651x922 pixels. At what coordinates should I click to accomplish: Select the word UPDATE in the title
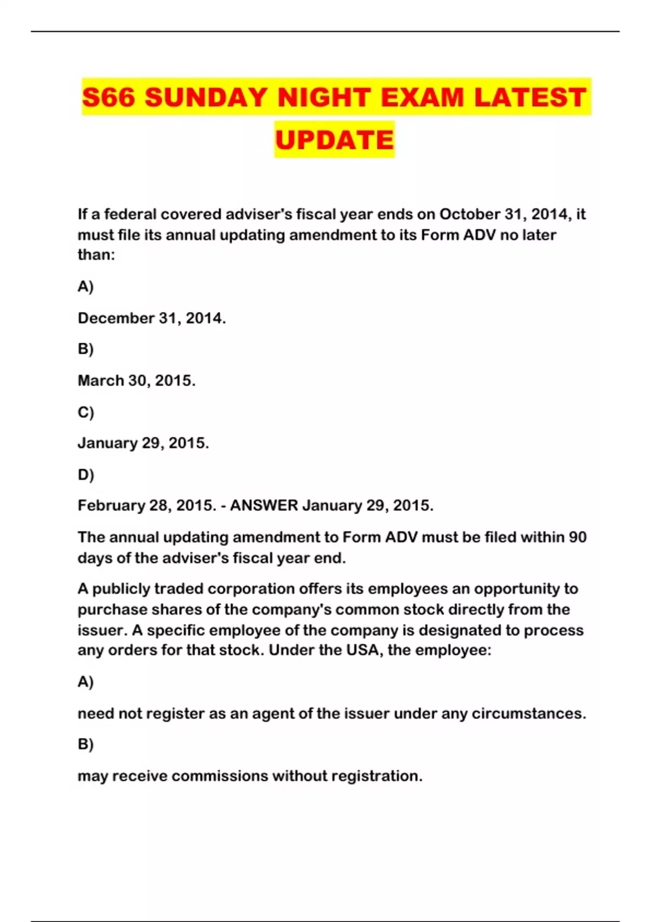point(334,140)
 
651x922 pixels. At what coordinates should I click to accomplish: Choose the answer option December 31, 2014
point(151,318)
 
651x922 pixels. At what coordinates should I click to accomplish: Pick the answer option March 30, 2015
point(136,381)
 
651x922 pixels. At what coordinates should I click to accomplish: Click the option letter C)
point(86,412)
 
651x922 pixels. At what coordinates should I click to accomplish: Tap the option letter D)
point(86,475)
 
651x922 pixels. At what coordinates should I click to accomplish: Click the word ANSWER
point(264,505)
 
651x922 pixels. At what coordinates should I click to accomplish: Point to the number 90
point(577,537)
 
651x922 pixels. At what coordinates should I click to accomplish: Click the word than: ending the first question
point(96,255)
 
